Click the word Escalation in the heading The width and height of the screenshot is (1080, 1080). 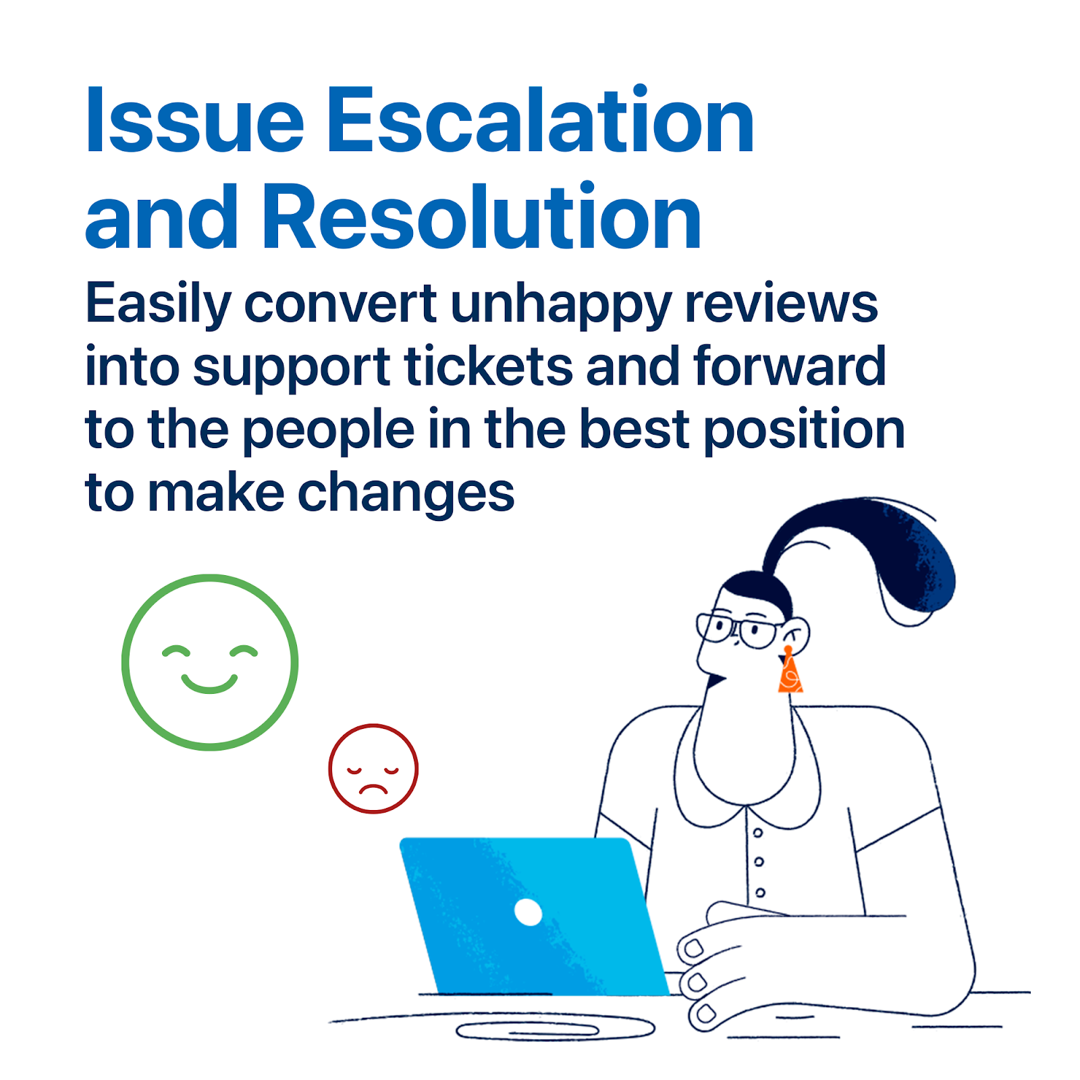[x=540, y=120]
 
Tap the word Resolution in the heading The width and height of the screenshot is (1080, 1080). [x=481, y=216]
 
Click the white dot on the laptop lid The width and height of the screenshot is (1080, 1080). [x=528, y=913]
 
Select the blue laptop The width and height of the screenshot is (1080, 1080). [x=533, y=916]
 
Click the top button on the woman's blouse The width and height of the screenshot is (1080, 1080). [x=757, y=833]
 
